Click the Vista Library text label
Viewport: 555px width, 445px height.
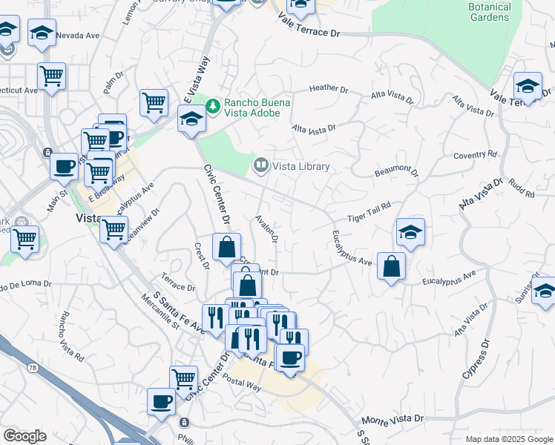click(x=301, y=167)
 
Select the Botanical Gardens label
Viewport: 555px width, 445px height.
click(x=490, y=12)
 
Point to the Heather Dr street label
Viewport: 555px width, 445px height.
click(x=329, y=88)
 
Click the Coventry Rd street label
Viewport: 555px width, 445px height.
click(x=475, y=156)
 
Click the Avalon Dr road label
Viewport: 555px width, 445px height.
click(x=266, y=230)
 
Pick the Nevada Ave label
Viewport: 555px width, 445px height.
click(x=77, y=35)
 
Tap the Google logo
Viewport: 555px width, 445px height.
click(x=24, y=435)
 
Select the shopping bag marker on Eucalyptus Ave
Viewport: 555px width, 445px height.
click(x=391, y=266)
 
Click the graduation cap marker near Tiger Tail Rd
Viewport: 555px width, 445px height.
click(x=410, y=231)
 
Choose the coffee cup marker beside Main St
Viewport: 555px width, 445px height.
click(x=65, y=165)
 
